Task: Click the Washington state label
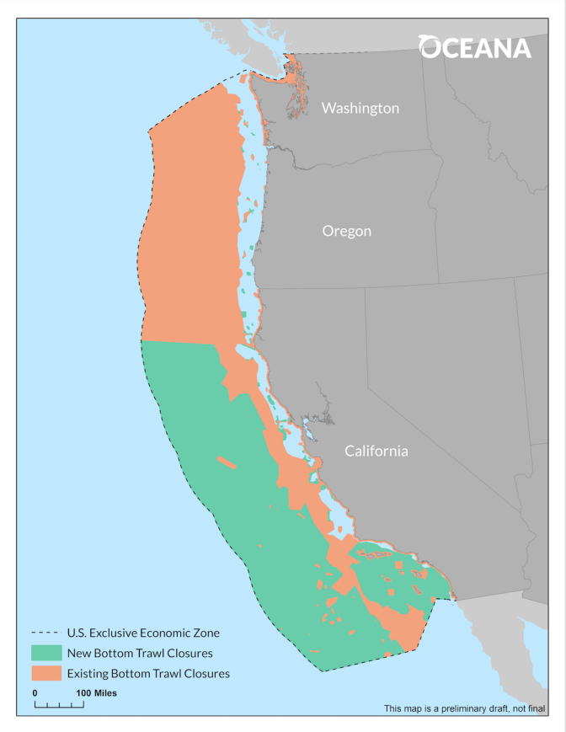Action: click(360, 108)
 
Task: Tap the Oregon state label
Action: click(346, 231)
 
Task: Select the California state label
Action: click(376, 451)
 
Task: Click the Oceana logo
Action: click(476, 47)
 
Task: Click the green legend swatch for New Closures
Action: click(46, 653)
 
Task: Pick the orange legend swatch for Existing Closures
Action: click(46, 673)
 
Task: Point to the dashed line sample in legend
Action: click(46, 633)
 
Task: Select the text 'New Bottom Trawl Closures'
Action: click(140, 653)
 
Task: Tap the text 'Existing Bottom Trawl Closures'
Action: click(148, 673)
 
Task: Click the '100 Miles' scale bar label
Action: click(97, 693)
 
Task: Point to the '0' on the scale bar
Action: click(35, 693)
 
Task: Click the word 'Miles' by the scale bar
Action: click(104, 693)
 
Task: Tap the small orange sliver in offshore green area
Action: click(226, 462)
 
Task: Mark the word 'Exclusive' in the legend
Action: click(113, 633)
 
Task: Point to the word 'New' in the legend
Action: click(78, 653)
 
